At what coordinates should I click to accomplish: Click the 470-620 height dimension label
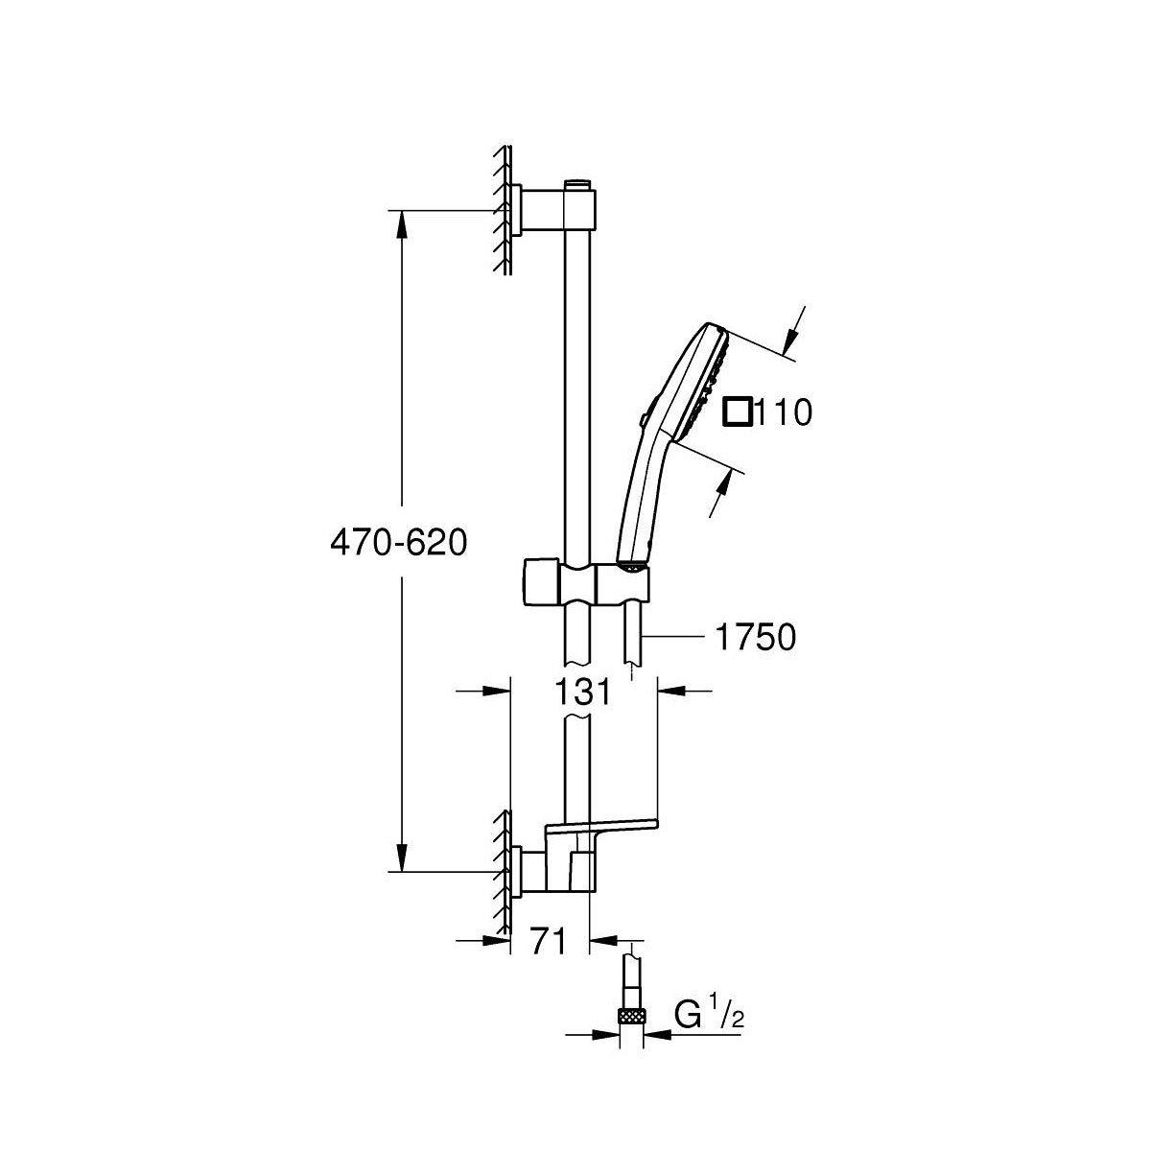coord(398,544)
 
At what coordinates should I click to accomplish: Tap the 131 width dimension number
coord(582,692)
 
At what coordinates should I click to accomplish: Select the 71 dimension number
coord(549,943)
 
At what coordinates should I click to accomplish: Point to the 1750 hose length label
coord(756,638)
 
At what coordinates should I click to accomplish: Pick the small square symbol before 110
coord(737,412)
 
